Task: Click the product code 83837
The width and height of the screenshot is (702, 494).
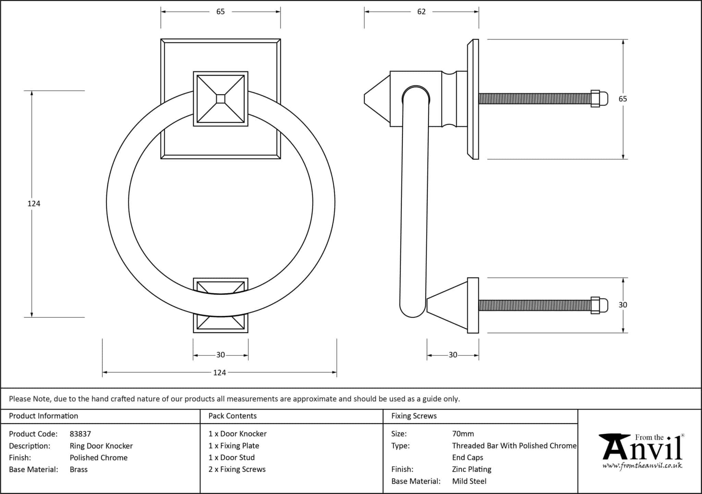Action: click(80, 434)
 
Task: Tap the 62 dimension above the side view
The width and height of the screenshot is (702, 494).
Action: click(421, 12)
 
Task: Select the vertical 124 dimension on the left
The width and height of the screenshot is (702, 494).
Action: click(34, 203)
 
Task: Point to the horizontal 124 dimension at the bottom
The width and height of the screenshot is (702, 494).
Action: click(219, 373)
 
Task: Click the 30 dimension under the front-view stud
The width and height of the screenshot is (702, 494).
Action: click(220, 355)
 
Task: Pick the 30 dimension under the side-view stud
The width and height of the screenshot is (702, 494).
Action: click(453, 355)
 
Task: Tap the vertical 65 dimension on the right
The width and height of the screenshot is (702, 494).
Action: click(622, 99)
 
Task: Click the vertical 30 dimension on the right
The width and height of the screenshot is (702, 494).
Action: click(622, 305)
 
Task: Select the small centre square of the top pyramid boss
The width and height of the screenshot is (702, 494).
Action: click(220, 99)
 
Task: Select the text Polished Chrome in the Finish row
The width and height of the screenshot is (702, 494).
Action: click(98, 458)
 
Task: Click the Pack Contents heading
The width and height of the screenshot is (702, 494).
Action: click(232, 416)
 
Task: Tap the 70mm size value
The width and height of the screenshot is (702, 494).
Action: click(463, 434)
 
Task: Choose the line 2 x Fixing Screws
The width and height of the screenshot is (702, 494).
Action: click(237, 469)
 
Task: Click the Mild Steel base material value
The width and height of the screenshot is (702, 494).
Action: click(469, 481)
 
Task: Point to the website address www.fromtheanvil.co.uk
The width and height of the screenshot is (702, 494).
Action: click(642, 466)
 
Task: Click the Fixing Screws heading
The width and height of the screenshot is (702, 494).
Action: click(414, 416)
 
